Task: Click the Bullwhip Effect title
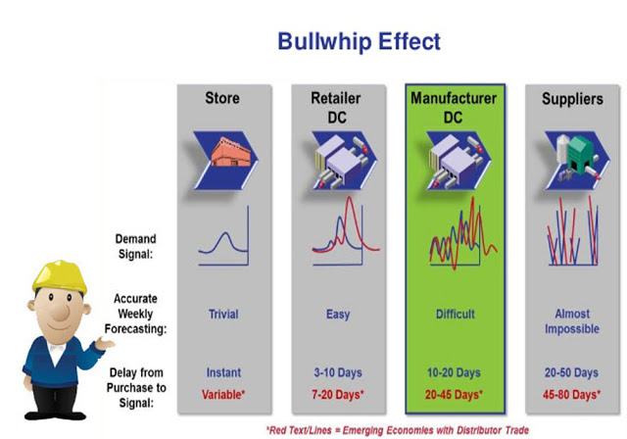point(359,41)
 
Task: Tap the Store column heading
point(222,98)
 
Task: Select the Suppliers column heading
point(572,99)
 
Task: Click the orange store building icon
point(231,152)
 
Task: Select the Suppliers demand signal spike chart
point(572,231)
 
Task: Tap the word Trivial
point(223,315)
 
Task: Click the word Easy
point(338,315)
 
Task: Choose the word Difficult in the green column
point(455,315)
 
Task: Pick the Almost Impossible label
point(572,321)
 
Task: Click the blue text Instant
point(223,372)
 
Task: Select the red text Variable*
point(223,395)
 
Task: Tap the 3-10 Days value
point(338,372)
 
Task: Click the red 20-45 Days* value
point(454,395)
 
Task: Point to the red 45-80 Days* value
point(571,395)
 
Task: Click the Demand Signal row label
point(135,246)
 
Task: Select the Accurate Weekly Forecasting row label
point(135,314)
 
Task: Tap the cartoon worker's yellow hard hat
point(60,276)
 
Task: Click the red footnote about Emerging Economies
point(398,430)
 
